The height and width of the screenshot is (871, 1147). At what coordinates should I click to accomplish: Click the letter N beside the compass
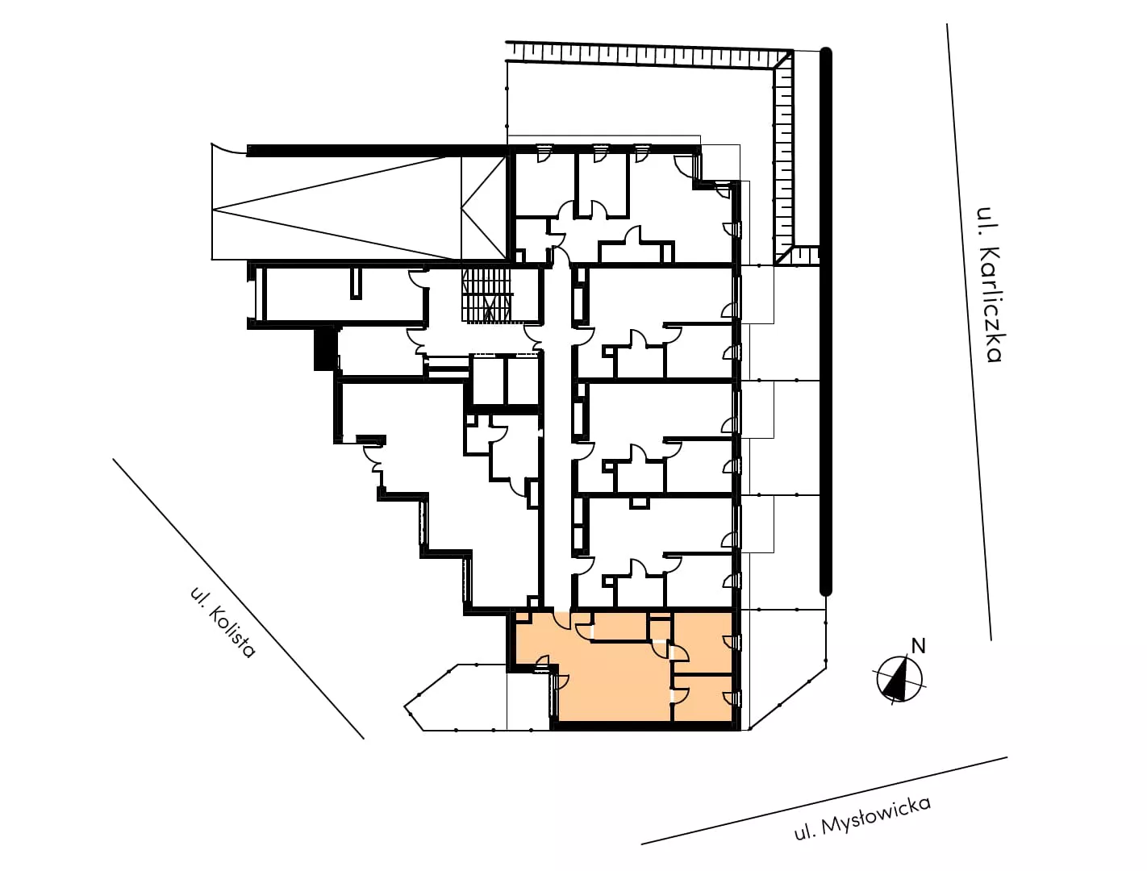coord(918,646)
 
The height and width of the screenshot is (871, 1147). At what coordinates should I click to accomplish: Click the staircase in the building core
coord(486,295)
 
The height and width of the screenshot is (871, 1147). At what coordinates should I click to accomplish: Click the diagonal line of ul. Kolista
coord(238,598)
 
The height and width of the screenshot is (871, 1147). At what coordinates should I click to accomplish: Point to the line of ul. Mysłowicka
coord(824,801)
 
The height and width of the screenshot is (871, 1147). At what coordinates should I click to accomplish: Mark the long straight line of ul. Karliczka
coord(969,331)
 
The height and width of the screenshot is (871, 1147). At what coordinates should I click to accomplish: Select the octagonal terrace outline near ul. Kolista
coord(456,698)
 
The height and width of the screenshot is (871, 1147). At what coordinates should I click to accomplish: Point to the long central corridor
coord(557,434)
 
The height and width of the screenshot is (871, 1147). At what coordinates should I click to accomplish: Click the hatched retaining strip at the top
coord(648,54)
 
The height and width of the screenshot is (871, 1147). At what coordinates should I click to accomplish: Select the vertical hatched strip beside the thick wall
coord(783,156)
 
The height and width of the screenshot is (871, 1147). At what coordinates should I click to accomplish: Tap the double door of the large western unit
coord(374,459)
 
